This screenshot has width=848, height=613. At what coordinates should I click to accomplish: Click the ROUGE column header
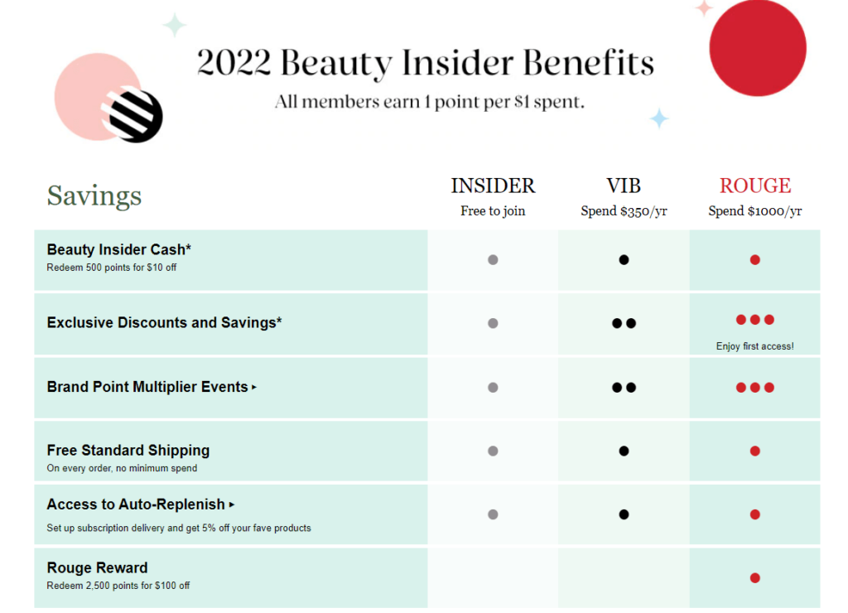pos(754,186)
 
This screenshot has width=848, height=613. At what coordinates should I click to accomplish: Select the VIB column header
pos(624,186)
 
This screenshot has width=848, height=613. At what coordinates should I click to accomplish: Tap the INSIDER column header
pos(493,186)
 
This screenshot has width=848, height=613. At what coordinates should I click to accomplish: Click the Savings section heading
pos(94,196)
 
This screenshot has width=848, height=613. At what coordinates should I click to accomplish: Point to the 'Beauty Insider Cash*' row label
pos(119,249)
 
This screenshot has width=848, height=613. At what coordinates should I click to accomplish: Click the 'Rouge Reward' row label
pos(97,567)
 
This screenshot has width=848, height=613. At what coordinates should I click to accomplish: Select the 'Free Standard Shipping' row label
pos(128,451)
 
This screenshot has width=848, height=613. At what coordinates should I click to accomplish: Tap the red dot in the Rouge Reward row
pos(754,578)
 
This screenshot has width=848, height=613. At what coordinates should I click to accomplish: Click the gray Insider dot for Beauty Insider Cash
pos(493,260)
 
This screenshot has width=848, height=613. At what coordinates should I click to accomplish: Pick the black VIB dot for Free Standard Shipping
pos(624,451)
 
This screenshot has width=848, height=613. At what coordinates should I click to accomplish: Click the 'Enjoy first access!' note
pos(754,346)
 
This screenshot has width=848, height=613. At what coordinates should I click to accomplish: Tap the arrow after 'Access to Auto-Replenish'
pos(232,504)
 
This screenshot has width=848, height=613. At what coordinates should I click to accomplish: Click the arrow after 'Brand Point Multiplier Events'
pos(254,387)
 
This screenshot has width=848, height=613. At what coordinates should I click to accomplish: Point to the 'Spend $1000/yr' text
pos(754,211)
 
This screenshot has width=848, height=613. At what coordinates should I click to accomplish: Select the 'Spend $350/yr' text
pos(624,211)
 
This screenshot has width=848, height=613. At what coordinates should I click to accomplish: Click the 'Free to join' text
pos(493,211)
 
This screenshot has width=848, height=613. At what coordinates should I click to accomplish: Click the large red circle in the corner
pos(757,48)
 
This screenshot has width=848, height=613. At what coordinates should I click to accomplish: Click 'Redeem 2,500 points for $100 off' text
pos(118,586)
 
